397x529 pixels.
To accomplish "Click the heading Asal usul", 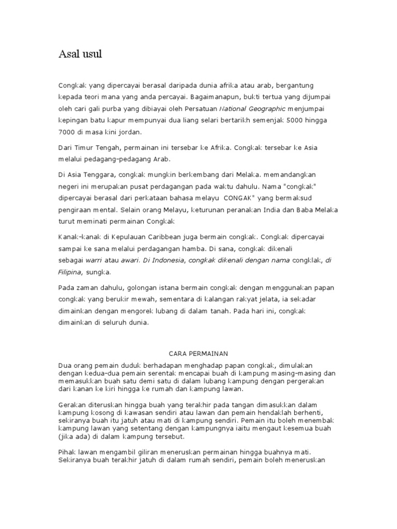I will [x=80, y=54].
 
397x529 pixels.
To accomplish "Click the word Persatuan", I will [x=201, y=108].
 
